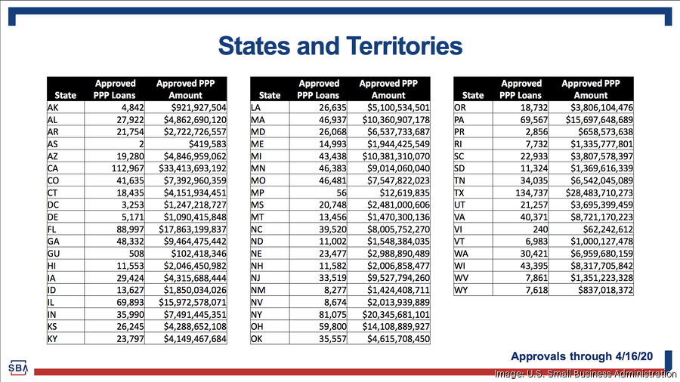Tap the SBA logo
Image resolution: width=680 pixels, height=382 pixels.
point(18,368)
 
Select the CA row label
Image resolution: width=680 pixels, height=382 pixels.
point(52,168)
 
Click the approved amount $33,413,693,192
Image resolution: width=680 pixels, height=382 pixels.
point(193,168)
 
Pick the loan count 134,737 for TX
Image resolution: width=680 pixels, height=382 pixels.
point(531,193)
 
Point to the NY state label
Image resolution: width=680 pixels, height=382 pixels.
point(256,315)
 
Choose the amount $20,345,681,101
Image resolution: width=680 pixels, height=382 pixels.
point(396,315)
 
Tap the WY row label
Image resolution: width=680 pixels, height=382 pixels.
point(461,290)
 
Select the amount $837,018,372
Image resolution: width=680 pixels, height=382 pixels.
point(605,290)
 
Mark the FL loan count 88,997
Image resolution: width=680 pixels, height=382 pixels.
point(130,229)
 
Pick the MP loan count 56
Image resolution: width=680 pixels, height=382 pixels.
point(342,193)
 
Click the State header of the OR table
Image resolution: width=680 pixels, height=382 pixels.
point(473,95)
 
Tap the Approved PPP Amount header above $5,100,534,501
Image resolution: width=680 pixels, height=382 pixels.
point(388,89)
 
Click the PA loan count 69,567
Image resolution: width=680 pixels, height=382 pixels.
point(534,120)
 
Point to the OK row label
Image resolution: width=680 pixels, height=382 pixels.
point(256,339)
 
